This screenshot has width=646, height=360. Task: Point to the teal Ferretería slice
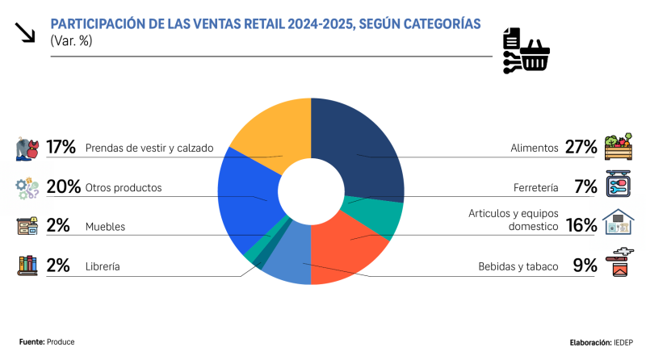click(x=380, y=214)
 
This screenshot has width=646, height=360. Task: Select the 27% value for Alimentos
click(x=581, y=148)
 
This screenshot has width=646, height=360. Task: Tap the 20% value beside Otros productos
click(x=63, y=187)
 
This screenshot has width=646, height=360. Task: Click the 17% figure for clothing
click(x=61, y=148)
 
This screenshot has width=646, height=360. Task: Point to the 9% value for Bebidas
click(x=585, y=266)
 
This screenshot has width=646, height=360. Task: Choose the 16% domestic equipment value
click(x=581, y=225)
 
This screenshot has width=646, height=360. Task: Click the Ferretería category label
click(x=535, y=188)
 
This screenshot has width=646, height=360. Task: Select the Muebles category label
click(x=105, y=227)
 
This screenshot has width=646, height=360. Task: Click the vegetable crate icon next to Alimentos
click(x=618, y=147)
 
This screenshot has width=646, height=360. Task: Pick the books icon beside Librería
click(x=27, y=266)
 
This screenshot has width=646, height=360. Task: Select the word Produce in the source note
click(x=61, y=342)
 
